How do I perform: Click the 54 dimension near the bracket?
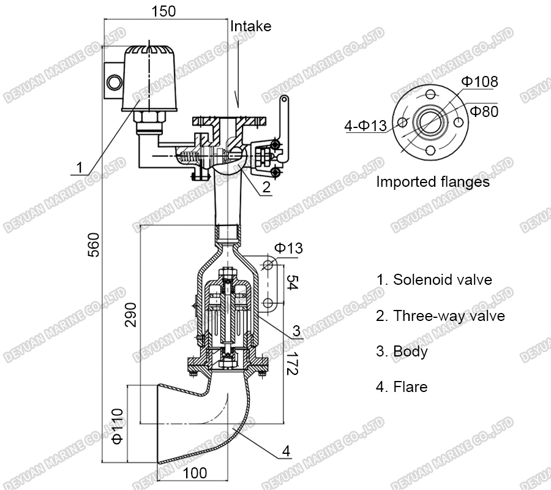(x=293, y=283)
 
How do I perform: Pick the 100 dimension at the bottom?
(x=195, y=473)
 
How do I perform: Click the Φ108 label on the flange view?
(x=479, y=81)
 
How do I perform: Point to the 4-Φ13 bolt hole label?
(x=365, y=126)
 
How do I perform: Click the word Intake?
(x=250, y=26)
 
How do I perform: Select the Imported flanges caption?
(x=432, y=182)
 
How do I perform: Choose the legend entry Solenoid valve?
(x=434, y=280)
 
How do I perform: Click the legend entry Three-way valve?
(x=440, y=316)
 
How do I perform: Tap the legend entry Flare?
(x=402, y=387)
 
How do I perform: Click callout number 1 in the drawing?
(x=79, y=167)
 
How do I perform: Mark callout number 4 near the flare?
(x=285, y=451)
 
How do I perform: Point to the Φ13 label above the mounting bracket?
(x=288, y=247)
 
